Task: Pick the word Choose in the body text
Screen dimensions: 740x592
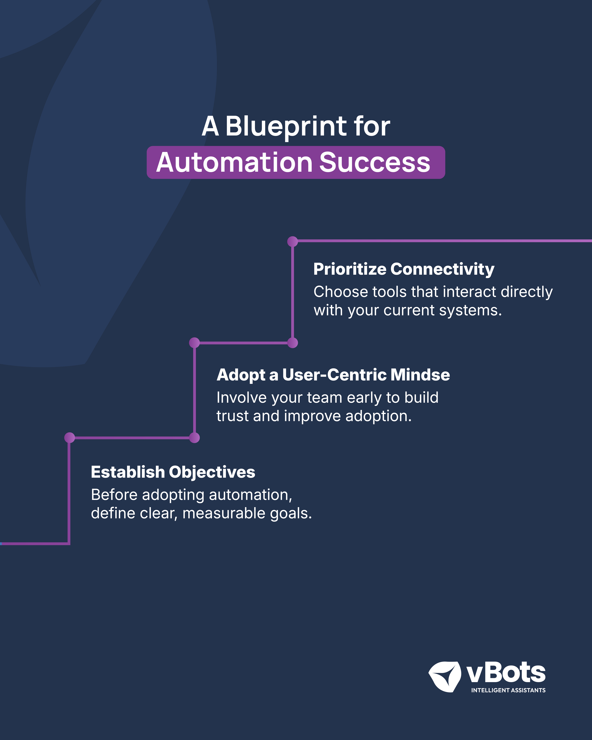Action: click(x=341, y=292)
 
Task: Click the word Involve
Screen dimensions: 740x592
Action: click(x=242, y=397)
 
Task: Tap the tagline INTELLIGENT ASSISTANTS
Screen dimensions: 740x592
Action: click(x=508, y=690)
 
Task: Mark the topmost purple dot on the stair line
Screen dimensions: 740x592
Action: click(x=292, y=241)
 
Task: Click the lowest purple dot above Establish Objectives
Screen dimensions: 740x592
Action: click(x=70, y=438)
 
